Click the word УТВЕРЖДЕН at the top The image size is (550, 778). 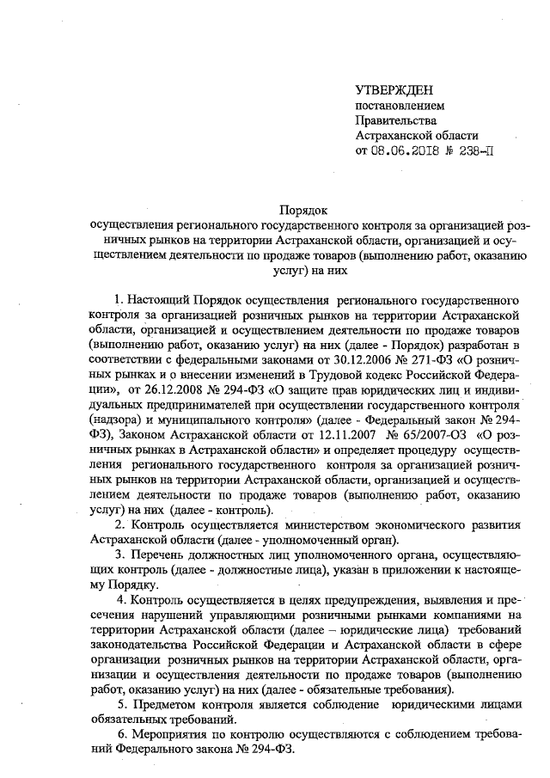pos(394,90)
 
